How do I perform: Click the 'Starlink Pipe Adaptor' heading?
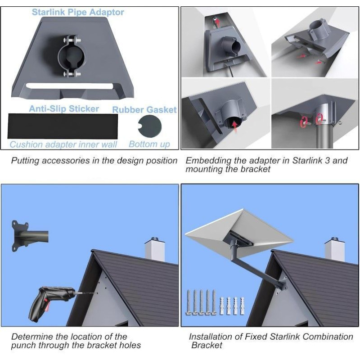pos(78,12)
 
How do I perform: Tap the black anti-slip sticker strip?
pos(63,126)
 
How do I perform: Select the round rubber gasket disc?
pos(150,126)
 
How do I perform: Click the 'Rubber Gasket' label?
pos(144,110)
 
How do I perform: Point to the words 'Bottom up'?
pos(149,144)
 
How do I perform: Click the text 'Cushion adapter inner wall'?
pos(63,144)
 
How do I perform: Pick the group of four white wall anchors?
pos(232,306)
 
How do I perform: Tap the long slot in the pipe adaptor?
pos(69,86)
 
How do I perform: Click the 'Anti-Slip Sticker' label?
pos(64,109)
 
